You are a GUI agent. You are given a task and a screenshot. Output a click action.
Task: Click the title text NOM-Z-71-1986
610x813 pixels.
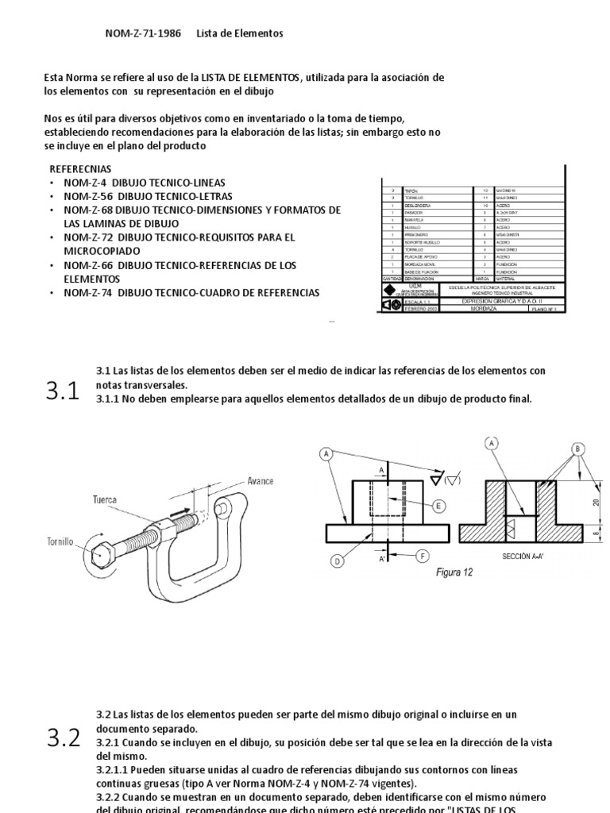[143, 33]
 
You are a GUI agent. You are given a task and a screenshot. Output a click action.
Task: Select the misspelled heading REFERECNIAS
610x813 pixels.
[81, 169]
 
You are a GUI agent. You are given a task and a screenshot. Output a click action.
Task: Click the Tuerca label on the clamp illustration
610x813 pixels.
[104, 500]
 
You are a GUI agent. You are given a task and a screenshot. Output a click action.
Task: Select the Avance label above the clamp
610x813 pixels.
[260, 481]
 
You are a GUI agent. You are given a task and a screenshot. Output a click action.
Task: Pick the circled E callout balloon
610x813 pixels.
[439, 505]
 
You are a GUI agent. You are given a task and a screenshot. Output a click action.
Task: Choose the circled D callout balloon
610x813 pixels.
[337, 561]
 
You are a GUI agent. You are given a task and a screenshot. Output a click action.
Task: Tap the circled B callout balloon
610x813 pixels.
[577, 449]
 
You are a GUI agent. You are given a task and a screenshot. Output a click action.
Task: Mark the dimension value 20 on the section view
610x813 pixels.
[596, 501]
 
